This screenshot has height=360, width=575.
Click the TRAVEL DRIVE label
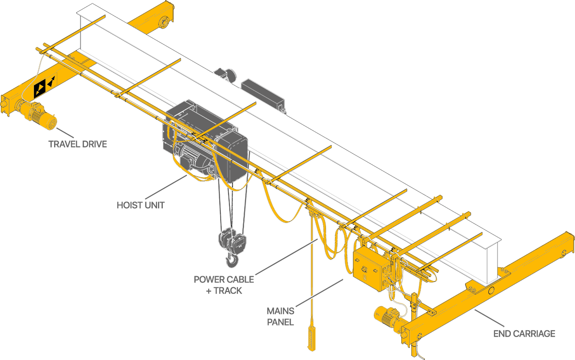click(77, 144)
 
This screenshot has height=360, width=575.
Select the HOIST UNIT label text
click(141, 205)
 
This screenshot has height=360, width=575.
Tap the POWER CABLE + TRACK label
click(224, 284)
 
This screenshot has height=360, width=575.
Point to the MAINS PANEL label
click(280, 316)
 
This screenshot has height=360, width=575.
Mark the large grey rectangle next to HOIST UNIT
click(166, 187)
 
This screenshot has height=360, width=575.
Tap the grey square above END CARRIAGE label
click(489, 318)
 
